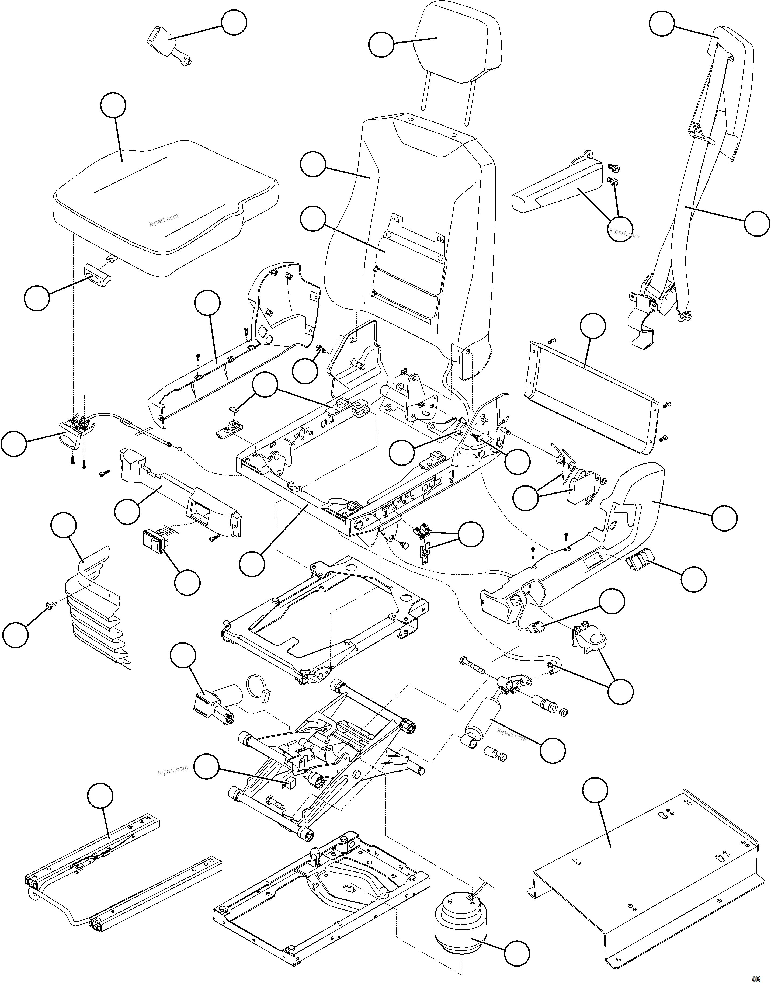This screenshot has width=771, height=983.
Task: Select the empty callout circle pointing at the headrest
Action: pos(381,44)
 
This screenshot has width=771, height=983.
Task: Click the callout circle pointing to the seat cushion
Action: pos(113,106)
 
